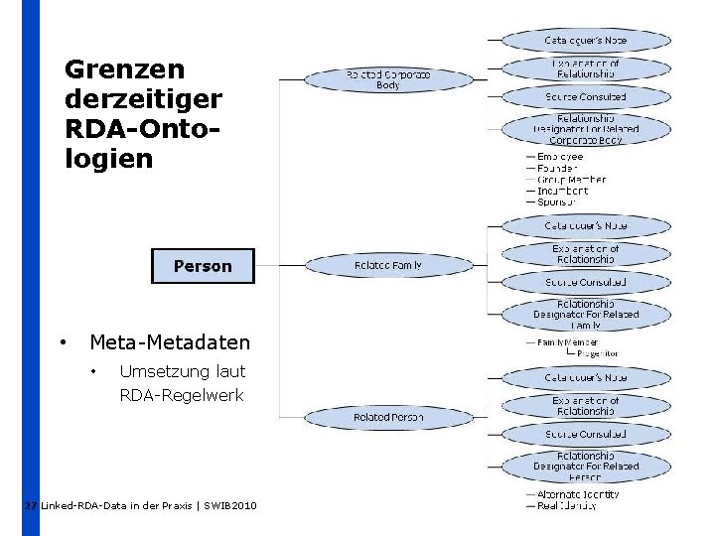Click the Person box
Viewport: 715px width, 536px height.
[x=203, y=266]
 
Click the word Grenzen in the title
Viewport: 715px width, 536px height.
[x=124, y=69]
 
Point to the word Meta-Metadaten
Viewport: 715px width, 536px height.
[x=170, y=342]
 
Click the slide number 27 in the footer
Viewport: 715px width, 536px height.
[x=31, y=506]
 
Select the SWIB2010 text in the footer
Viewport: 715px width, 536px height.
[x=230, y=506]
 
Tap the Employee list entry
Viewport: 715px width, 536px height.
[x=560, y=157]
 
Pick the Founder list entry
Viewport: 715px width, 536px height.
[x=557, y=169]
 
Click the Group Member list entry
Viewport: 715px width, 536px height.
[x=571, y=180]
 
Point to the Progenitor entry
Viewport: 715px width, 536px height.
[x=597, y=353]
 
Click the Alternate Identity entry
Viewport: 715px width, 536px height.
[x=578, y=493]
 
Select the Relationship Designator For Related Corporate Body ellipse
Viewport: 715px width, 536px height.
[x=585, y=129]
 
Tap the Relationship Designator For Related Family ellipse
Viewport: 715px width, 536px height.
[x=585, y=315]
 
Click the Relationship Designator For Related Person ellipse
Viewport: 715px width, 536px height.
[x=585, y=466]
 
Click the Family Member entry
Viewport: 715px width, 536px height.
[x=568, y=342]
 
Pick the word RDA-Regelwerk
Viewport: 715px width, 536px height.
[x=181, y=396]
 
